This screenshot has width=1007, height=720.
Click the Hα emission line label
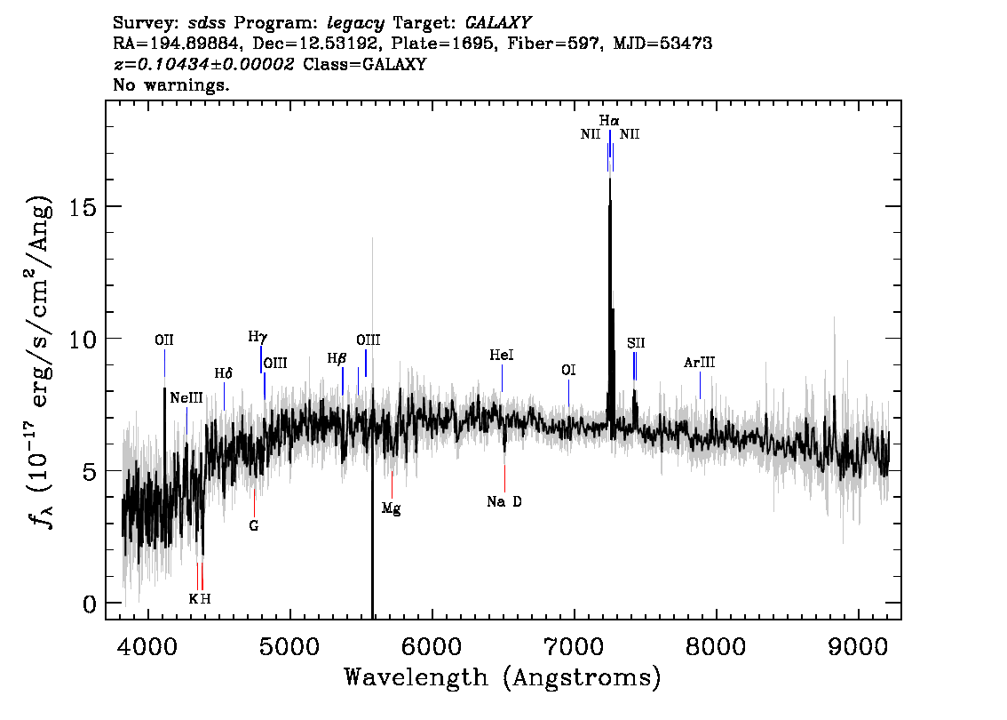pos(609,121)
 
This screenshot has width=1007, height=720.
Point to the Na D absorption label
pos(504,501)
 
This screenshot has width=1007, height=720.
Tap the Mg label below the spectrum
pos(391,508)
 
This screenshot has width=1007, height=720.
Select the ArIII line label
pos(700,363)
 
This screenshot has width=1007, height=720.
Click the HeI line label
pos(502,356)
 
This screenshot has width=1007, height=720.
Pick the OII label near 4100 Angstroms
pos(164,340)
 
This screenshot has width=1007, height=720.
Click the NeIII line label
pos(186,398)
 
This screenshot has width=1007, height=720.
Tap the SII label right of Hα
pos(636,343)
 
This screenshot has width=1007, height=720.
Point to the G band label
pos(254,526)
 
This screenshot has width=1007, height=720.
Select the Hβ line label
pos(337,358)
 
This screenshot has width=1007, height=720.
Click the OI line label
pos(568,371)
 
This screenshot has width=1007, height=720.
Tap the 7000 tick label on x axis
pos(573,646)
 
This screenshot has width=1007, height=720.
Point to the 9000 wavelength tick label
pos(857,646)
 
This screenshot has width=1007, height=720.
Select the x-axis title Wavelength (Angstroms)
pos(503,677)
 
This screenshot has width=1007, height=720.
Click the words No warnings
pos(170,84)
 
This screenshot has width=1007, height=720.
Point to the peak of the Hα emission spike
pos(610,178)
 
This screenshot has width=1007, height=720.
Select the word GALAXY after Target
pos(497,23)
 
